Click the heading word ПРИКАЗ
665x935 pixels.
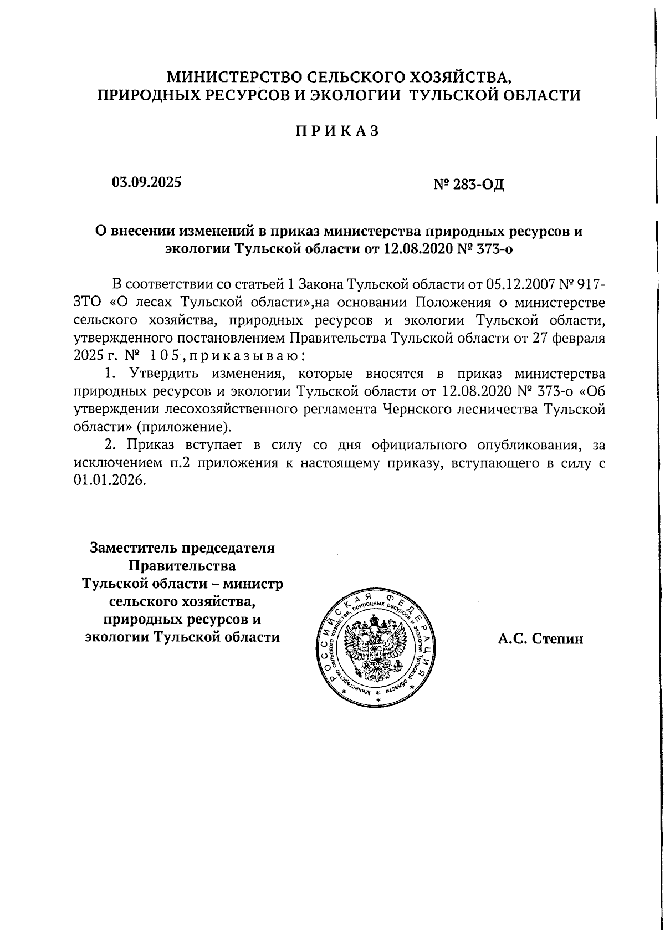click(336, 131)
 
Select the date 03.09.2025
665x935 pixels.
click(146, 182)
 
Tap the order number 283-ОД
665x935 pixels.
click(478, 183)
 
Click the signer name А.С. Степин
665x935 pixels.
click(540, 639)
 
